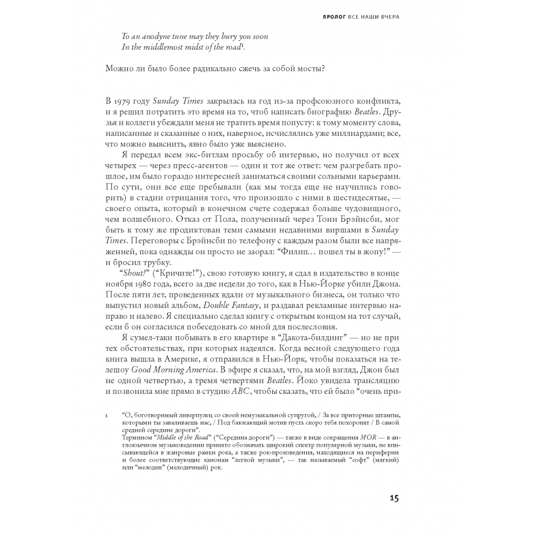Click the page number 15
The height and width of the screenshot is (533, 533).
tap(393, 498)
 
